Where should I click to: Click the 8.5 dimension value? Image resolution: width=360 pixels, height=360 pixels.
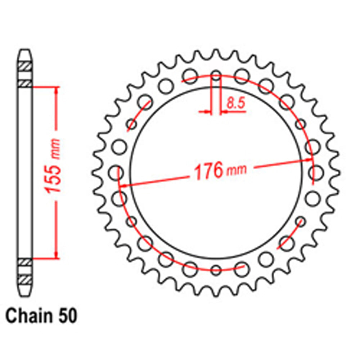click(x=236, y=104)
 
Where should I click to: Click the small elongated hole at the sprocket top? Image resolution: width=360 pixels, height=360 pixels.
click(x=216, y=76)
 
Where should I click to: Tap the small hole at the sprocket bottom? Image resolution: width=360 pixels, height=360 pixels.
click(x=216, y=270)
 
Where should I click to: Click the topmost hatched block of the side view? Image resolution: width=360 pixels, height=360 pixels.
click(x=25, y=67)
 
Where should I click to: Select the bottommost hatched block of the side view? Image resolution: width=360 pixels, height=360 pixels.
click(x=25, y=279)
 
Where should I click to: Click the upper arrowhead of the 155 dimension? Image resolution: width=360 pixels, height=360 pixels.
click(x=56, y=90)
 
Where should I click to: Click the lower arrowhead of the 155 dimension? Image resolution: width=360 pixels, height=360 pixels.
click(x=56, y=254)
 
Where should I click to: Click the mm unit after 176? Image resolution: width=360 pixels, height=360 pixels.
click(x=237, y=169)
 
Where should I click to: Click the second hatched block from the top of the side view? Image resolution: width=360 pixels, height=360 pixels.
click(x=25, y=84)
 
